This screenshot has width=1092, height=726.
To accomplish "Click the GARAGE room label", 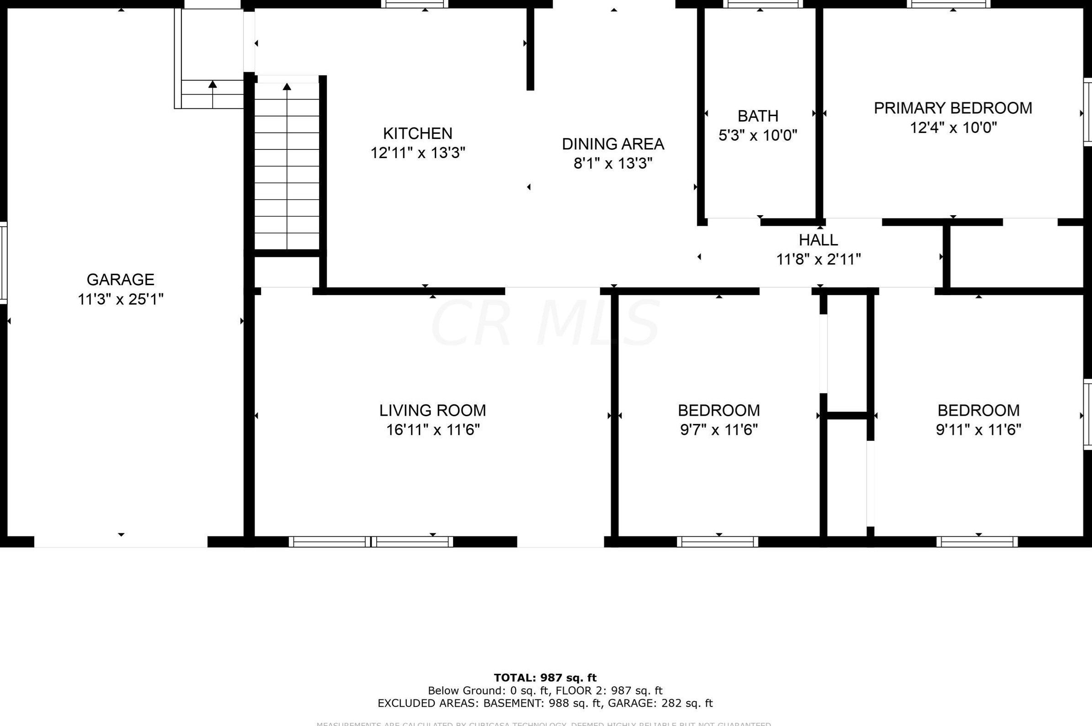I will (x=120, y=280).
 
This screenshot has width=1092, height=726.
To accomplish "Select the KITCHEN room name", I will (x=417, y=133).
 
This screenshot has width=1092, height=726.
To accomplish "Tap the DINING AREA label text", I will (x=613, y=144).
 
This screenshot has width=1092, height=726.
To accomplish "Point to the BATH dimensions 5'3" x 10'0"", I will (x=758, y=136).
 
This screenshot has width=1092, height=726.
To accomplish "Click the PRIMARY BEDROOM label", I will (x=953, y=108).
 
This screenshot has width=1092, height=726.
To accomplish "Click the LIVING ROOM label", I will (x=432, y=410).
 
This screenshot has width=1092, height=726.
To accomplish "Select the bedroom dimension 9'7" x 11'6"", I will (x=719, y=430).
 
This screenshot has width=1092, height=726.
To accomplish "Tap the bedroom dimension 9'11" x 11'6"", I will (x=978, y=430).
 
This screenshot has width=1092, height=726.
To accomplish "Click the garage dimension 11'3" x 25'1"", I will (x=120, y=300).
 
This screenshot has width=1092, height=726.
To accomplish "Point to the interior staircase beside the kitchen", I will (x=287, y=167).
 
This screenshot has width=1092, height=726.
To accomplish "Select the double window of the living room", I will (x=371, y=542).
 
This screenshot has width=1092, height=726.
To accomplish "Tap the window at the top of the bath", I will (x=763, y=4).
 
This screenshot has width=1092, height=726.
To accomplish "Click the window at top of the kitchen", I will (x=415, y=4).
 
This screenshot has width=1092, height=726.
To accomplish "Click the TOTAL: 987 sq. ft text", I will (x=545, y=678).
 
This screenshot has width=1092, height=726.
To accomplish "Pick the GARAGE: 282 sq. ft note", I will (x=660, y=703).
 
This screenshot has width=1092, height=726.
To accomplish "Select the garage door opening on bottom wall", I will (x=120, y=542).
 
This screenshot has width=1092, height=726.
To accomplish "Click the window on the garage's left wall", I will (x=4, y=263).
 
